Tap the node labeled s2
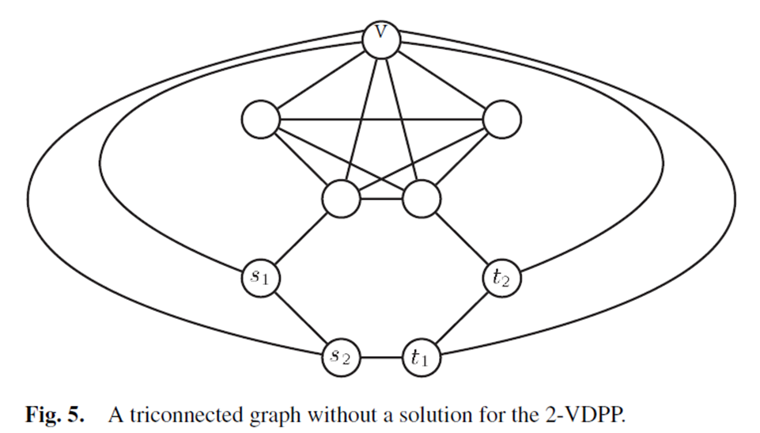(x=342, y=357)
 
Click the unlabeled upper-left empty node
(x=261, y=120)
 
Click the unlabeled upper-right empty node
(x=501, y=120)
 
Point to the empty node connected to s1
(x=342, y=198)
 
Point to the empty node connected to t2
(x=422, y=198)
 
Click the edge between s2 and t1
(x=381, y=357)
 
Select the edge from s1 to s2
(x=301, y=318)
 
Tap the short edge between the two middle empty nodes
(x=381, y=198)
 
